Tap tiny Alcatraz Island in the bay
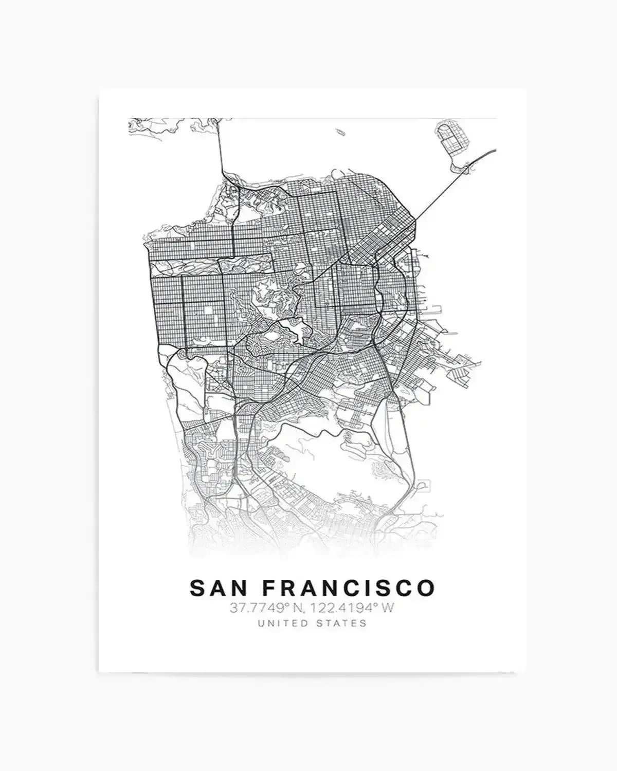340,132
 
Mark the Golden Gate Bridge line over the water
220,149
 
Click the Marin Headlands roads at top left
154,128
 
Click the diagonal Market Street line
355,257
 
